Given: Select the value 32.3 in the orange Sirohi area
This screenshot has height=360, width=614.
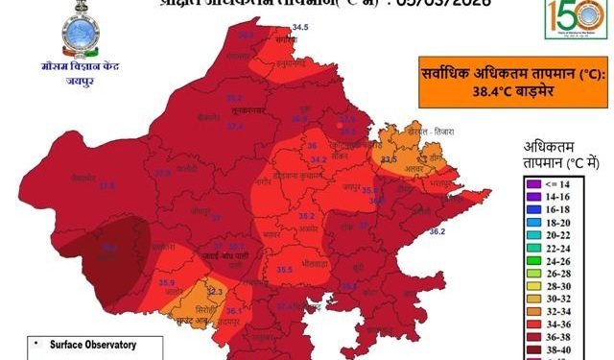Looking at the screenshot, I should pyautogui.click(x=214, y=290).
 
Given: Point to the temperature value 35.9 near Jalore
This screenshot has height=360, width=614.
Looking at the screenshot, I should pyautogui.click(x=167, y=282).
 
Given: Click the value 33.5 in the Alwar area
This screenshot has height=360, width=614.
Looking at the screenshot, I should pyautogui.click(x=389, y=159).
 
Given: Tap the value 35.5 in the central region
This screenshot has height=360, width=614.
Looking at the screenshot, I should pyautogui.click(x=284, y=272).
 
